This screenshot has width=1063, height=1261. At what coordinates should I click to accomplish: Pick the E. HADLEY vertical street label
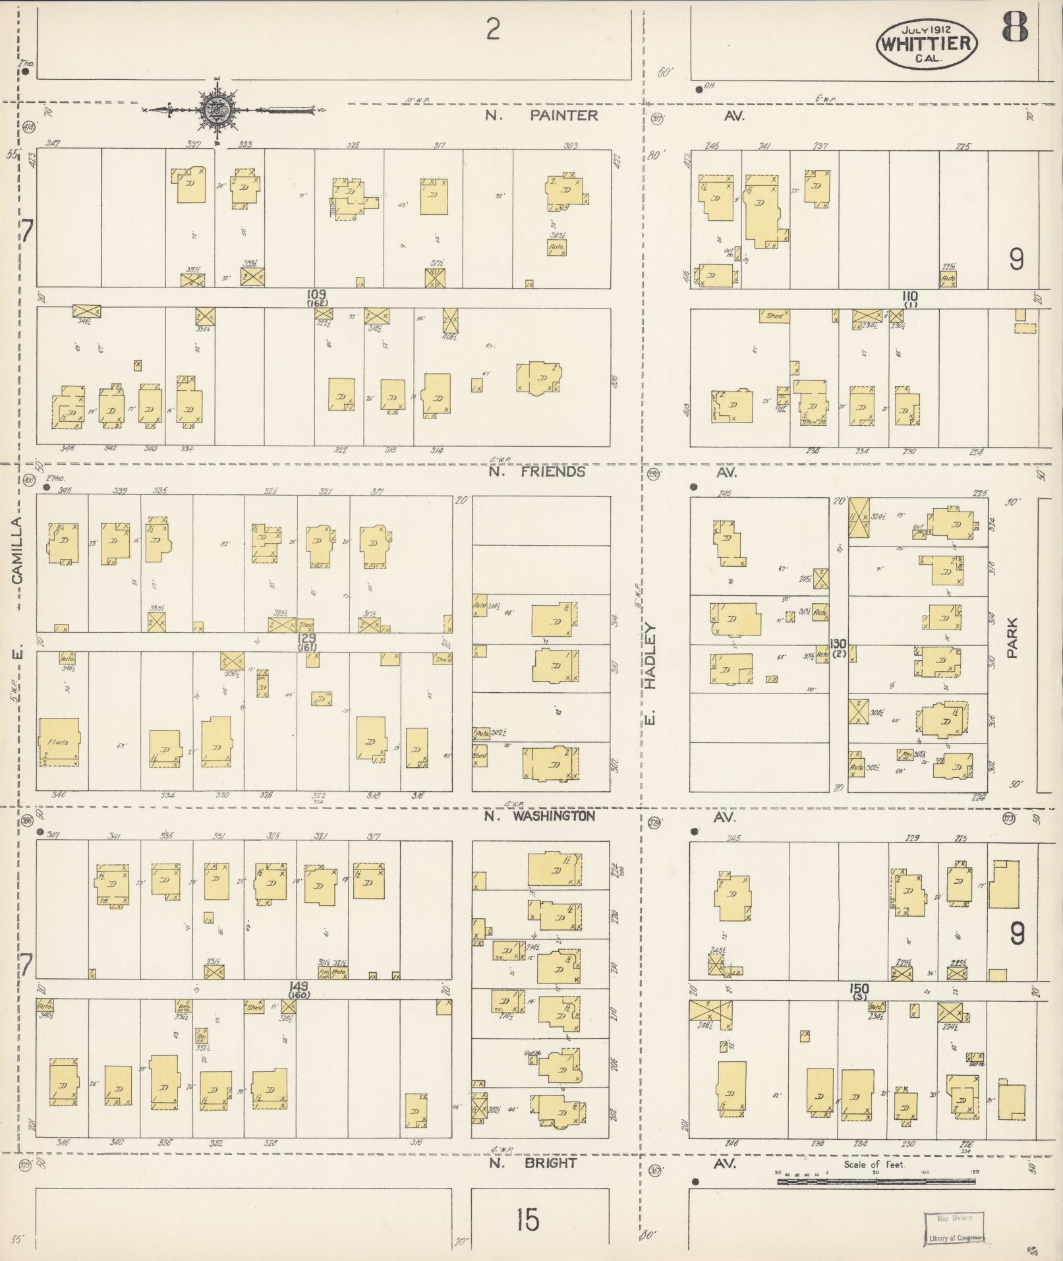(x=650, y=672)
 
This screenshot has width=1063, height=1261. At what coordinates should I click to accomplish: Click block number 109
(x=316, y=294)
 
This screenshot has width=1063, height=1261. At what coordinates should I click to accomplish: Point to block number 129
(x=306, y=639)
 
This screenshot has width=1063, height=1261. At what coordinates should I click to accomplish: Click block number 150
(x=859, y=989)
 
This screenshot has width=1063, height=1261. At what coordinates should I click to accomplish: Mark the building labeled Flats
(x=59, y=742)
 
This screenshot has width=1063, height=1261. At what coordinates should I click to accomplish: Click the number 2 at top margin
(x=492, y=30)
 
